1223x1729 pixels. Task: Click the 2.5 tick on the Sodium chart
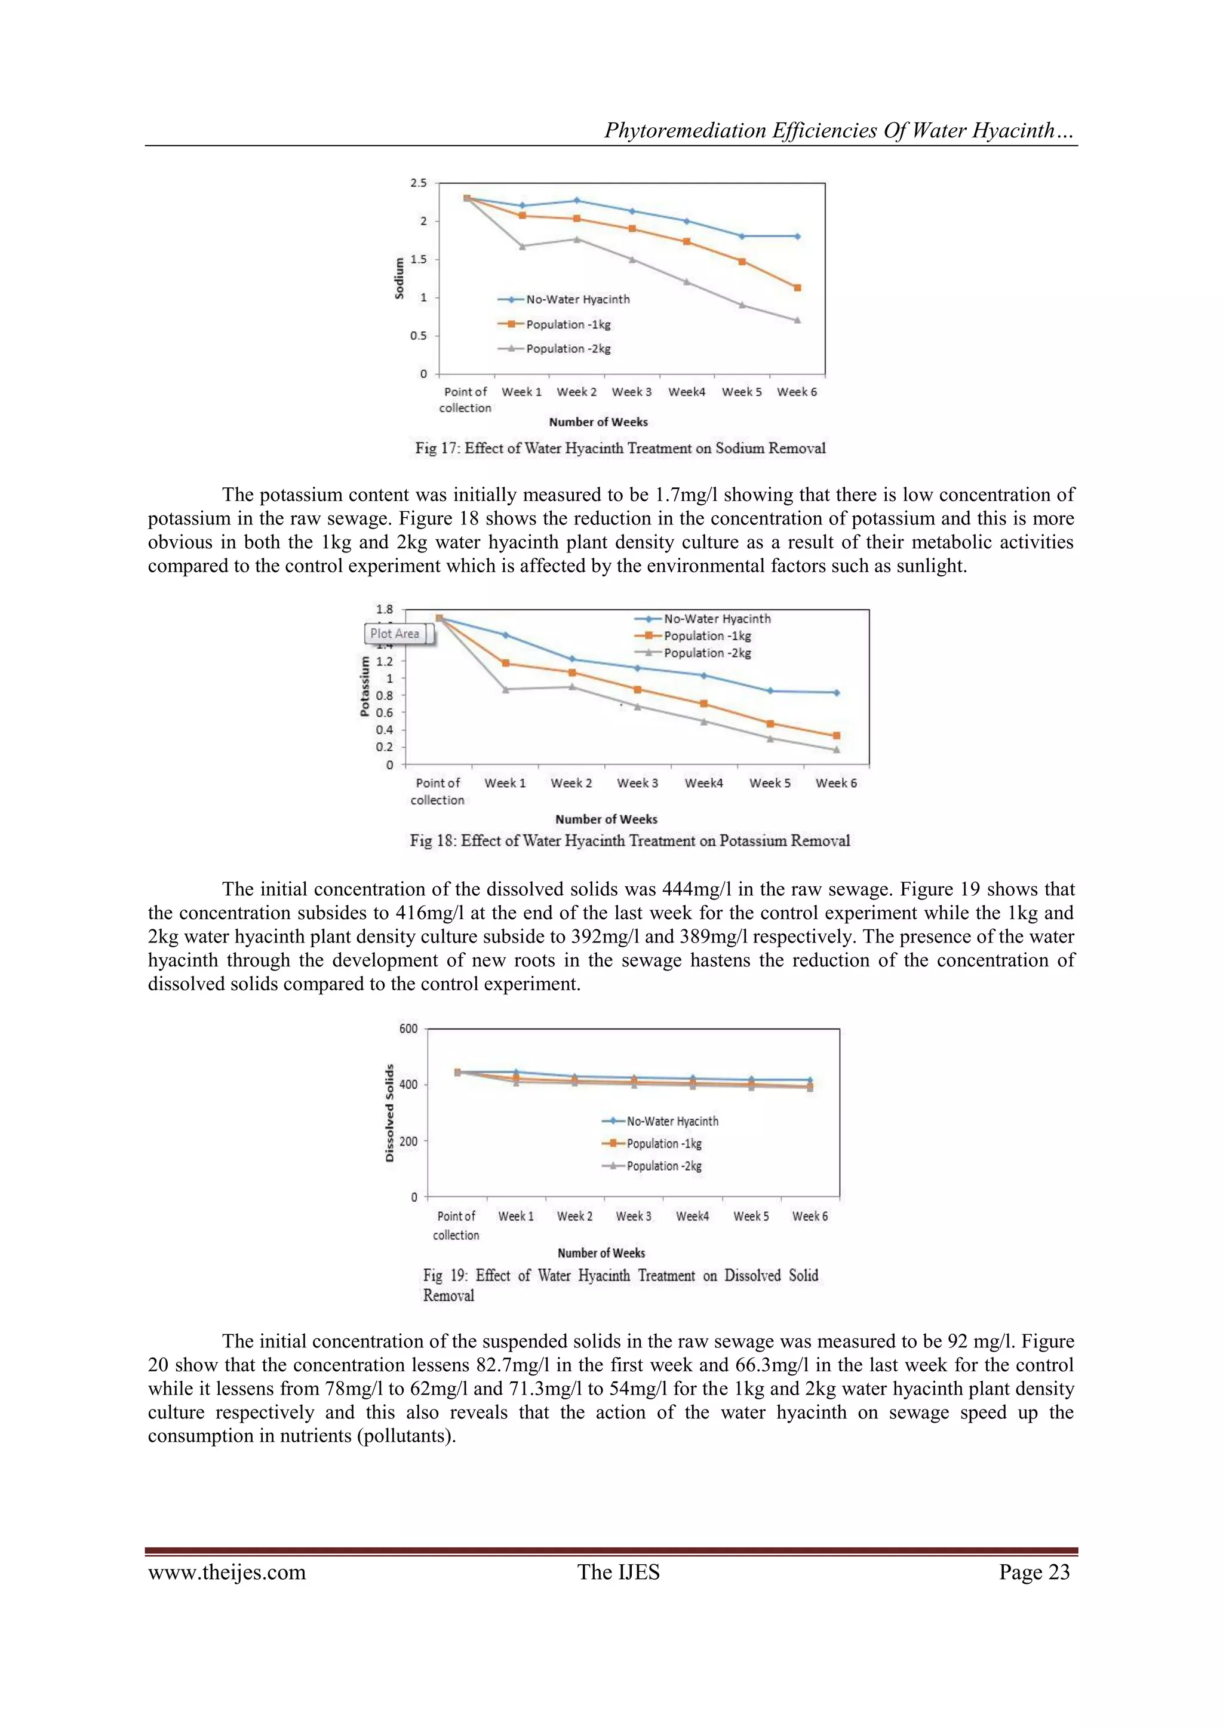click(418, 183)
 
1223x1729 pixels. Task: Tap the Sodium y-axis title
click(399, 278)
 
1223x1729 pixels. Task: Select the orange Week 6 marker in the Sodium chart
click(797, 288)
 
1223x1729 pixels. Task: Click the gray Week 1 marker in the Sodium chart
click(522, 246)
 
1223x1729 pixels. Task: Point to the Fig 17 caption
click(620, 448)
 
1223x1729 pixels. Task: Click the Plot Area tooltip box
click(395, 634)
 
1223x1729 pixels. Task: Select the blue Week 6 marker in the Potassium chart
click(837, 693)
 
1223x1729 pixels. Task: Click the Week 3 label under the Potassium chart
click(637, 783)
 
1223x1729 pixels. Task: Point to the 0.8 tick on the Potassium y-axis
click(384, 695)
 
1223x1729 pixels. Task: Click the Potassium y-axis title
click(364, 685)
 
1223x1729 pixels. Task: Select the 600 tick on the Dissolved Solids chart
click(408, 1028)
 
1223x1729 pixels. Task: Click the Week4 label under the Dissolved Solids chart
click(692, 1216)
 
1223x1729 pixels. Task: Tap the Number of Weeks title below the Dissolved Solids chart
click(601, 1253)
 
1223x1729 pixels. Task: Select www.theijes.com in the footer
click(227, 1573)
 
